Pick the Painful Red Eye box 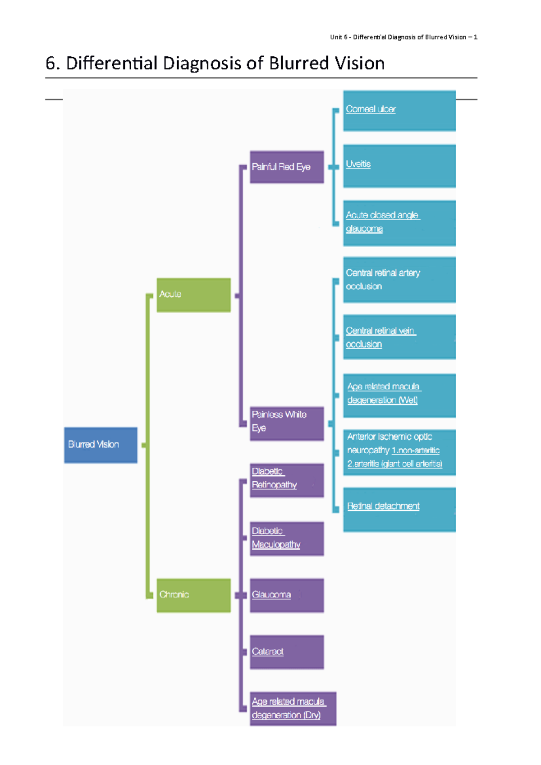point(287,167)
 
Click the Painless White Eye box point(287,423)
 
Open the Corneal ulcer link point(371,109)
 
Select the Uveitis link point(358,164)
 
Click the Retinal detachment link point(383,506)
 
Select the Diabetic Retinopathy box point(287,480)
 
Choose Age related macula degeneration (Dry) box point(293,709)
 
